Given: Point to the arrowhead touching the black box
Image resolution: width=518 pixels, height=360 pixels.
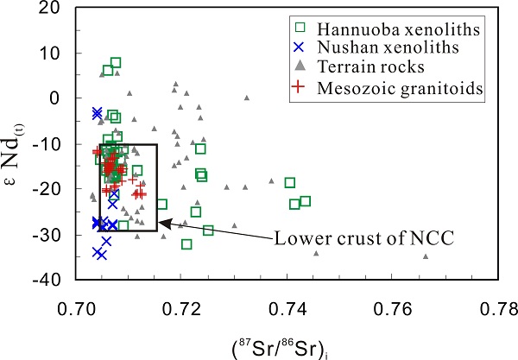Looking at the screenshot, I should [161, 223].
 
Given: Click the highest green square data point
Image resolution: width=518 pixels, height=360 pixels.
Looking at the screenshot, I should [116, 63].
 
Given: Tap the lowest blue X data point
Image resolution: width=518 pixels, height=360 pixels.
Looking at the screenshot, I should [101, 255].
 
